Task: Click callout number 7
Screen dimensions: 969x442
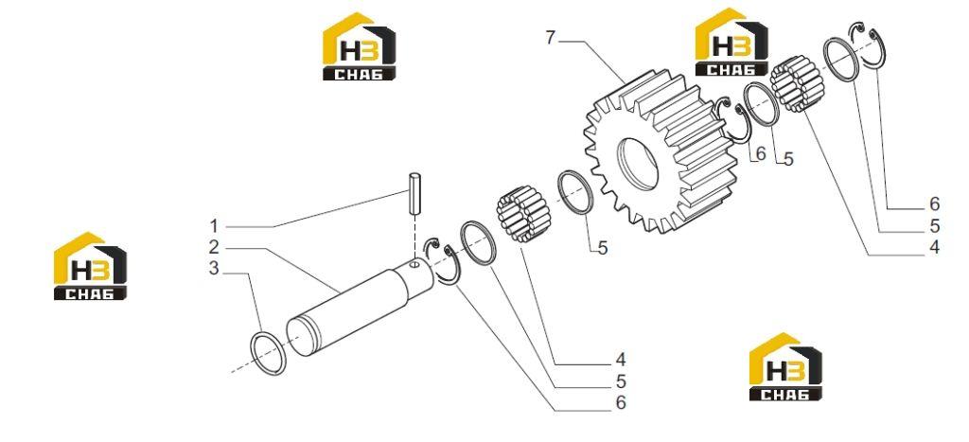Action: coord(551,38)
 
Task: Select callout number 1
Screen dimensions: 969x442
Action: coord(214,225)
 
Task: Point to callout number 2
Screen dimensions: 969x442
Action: coord(214,247)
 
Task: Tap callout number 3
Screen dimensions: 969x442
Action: coord(214,269)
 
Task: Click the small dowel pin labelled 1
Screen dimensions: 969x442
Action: coord(414,194)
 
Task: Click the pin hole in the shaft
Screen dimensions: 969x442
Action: coord(414,267)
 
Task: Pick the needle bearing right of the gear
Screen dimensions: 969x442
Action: coord(798,83)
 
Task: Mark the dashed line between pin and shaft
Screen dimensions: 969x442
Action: coord(414,239)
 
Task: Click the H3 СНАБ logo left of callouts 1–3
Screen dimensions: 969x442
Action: coord(90,266)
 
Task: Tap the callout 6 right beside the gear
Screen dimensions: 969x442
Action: coord(760,153)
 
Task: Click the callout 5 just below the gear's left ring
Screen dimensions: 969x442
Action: coord(603,248)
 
